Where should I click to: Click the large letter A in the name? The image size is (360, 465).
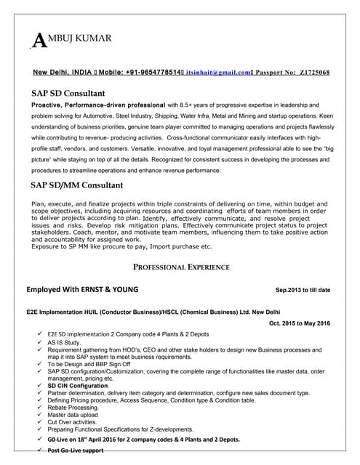pos(33,41)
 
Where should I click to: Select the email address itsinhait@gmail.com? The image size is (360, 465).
pos(217,73)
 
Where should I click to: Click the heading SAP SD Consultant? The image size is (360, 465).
pos(68,93)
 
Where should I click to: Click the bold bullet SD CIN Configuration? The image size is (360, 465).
pos(79,386)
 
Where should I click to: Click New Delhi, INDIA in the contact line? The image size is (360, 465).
pos(63,73)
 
